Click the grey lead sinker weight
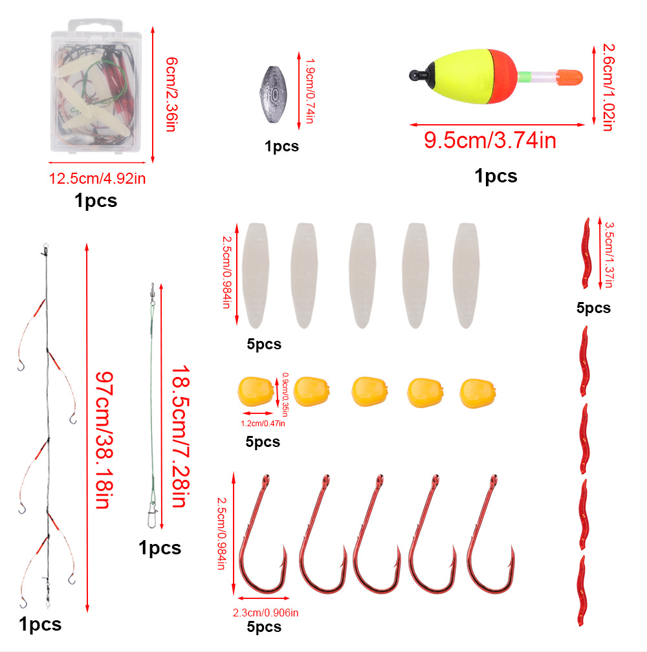click(273, 94)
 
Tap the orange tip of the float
click(569, 78)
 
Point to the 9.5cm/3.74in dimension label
click(490, 140)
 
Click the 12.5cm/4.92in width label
click(97, 179)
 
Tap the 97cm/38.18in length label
click(104, 440)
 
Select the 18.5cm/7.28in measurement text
click(181, 436)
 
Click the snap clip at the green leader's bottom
click(152, 515)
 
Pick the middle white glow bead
click(363, 276)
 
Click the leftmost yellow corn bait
click(256, 391)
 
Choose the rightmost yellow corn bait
click(477, 393)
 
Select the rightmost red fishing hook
click(490, 536)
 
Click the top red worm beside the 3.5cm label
click(586, 254)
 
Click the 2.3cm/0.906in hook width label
click(266, 613)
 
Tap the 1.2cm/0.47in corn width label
click(263, 423)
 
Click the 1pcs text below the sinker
click(282, 146)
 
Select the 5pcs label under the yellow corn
click(263, 442)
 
